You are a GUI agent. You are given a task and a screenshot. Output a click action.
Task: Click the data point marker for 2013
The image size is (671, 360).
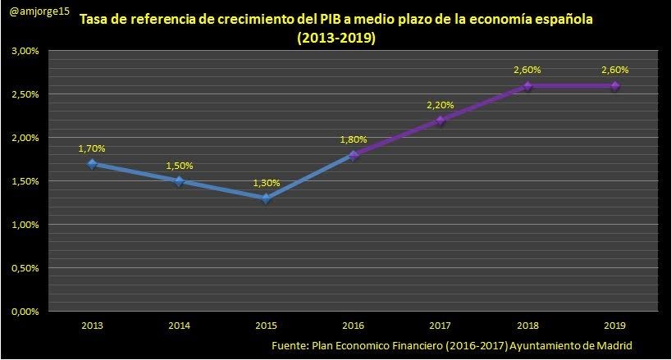(x=92, y=163)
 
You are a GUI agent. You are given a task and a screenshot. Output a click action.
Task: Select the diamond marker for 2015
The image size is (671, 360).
(x=266, y=198)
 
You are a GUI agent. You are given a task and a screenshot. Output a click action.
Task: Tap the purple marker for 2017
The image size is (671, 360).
(x=440, y=120)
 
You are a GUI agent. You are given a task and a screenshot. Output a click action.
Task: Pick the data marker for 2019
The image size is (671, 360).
(x=614, y=85)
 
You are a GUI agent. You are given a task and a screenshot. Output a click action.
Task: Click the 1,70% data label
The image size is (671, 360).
(x=92, y=148)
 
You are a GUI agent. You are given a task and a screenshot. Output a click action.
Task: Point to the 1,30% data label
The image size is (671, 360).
(x=266, y=183)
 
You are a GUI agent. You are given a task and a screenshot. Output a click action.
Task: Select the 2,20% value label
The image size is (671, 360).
(x=440, y=105)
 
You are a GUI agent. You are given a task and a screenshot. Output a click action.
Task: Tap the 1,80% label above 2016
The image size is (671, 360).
(x=354, y=139)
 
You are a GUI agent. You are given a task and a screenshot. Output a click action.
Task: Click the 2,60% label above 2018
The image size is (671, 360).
(x=527, y=71)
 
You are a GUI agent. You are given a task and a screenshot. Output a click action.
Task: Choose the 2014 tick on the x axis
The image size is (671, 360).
(x=179, y=325)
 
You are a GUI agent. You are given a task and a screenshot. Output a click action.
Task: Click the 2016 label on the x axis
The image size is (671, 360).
(x=354, y=325)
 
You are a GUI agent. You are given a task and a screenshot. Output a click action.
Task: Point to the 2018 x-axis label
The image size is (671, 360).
(x=527, y=325)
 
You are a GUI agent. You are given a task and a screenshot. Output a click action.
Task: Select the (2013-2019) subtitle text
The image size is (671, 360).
(x=336, y=39)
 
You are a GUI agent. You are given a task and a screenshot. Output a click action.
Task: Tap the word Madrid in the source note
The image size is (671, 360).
(x=614, y=345)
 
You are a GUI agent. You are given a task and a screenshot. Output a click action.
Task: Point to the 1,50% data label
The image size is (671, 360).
(x=179, y=166)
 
